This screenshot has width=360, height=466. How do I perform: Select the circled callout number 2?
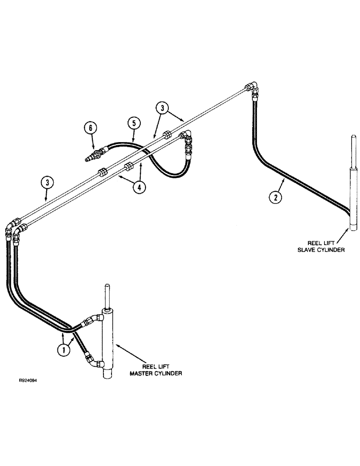(276, 197)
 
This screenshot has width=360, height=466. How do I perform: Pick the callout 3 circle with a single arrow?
(46, 183)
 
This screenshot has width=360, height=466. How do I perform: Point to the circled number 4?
(139, 188)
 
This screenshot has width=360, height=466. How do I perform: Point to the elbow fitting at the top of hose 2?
(252, 87)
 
